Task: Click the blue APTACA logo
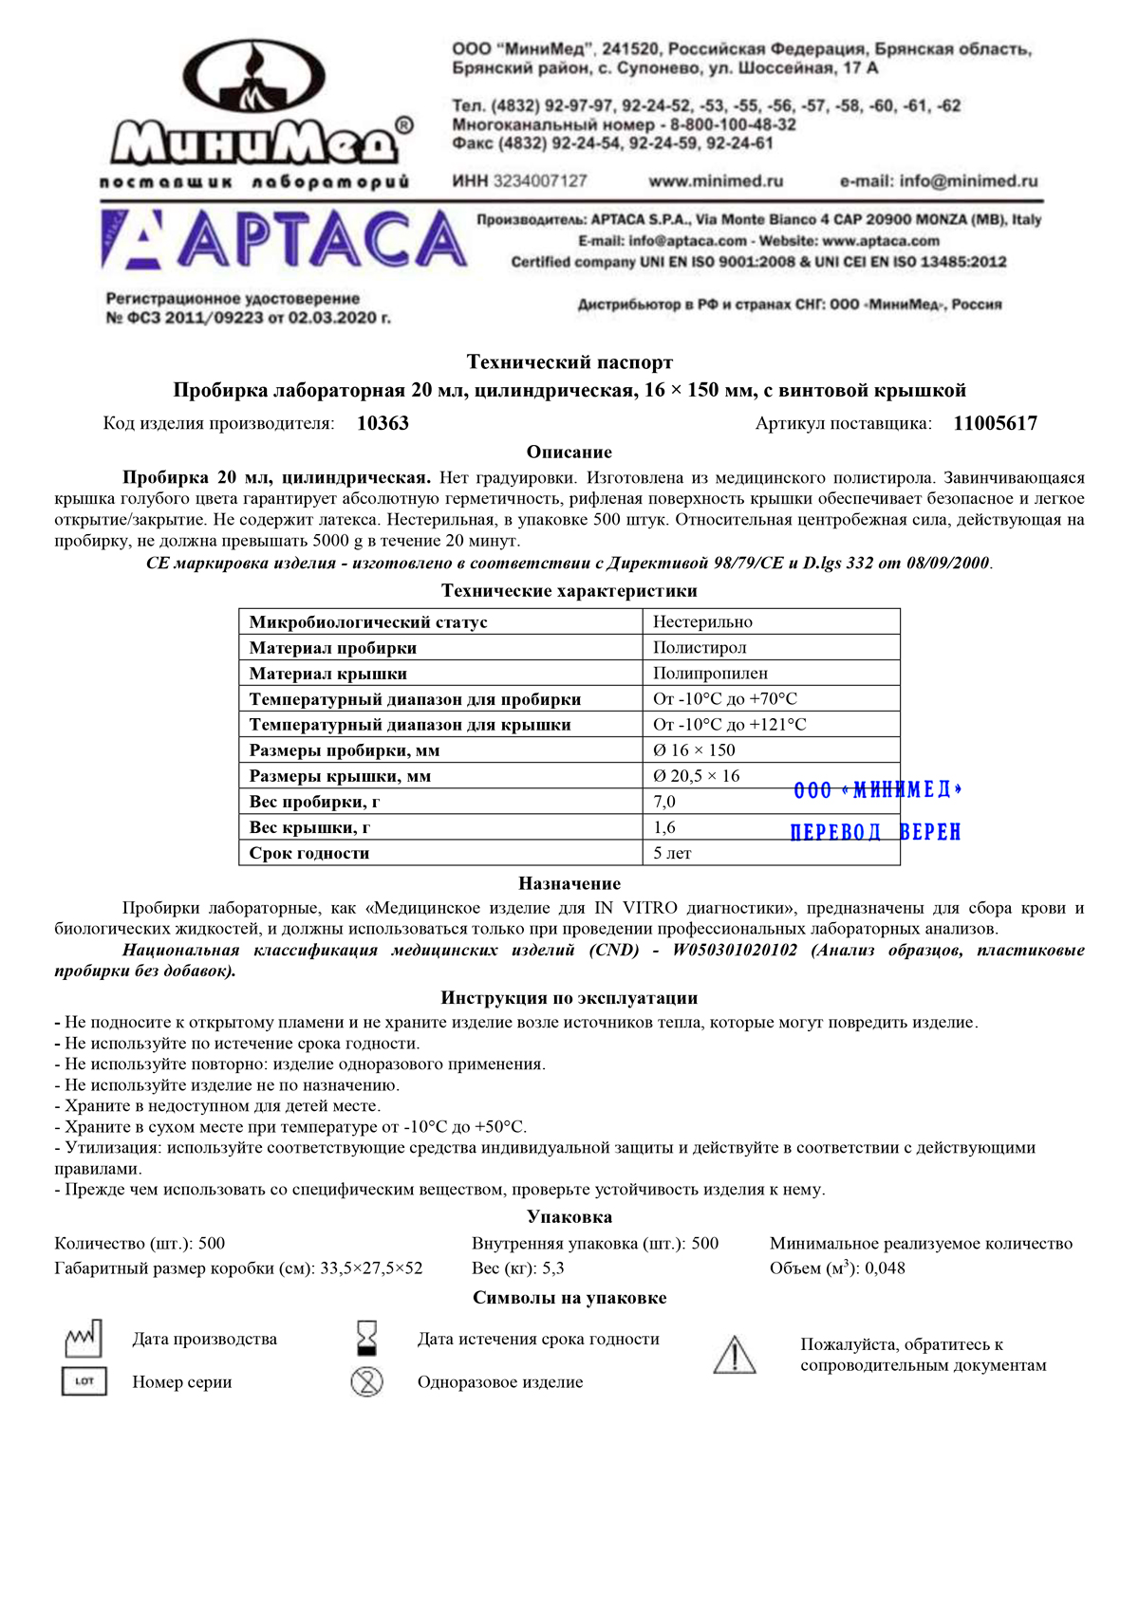click(x=284, y=239)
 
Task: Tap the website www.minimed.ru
click(x=716, y=181)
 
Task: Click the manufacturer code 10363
click(x=383, y=424)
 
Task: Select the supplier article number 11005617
click(x=995, y=424)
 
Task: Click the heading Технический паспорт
click(x=569, y=362)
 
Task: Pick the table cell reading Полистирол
click(x=700, y=648)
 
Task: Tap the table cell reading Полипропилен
click(x=710, y=674)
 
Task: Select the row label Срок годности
click(x=309, y=853)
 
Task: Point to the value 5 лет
click(x=672, y=853)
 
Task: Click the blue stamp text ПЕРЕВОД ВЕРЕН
click(x=875, y=832)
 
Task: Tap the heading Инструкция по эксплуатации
click(x=569, y=998)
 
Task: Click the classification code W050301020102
click(x=735, y=951)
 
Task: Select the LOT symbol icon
click(x=84, y=1381)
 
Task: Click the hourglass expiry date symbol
click(x=366, y=1338)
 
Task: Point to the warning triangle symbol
click(x=734, y=1355)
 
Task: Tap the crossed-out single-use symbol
click(x=366, y=1381)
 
